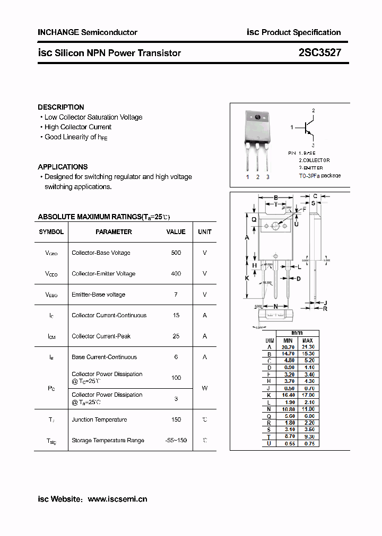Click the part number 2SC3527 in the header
click(320, 52)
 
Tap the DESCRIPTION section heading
click(61, 107)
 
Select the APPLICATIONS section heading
click(63, 167)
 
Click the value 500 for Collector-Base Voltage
click(176, 253)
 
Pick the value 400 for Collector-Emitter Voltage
click(176, 274)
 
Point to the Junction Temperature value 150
click(176, 419)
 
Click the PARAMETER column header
click(114, 232)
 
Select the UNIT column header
click(205, 232)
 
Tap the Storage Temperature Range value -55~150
click(176, 440)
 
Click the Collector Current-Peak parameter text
click(101, 336)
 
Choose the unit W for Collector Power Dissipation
click(205, 388)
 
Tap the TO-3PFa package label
click(319, 175)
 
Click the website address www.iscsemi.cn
click(117, 499)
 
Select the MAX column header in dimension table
click(308, 341)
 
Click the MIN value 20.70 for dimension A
click(288, 347)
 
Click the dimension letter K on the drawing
click(247, 278)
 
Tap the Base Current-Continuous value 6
click(176, 357)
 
